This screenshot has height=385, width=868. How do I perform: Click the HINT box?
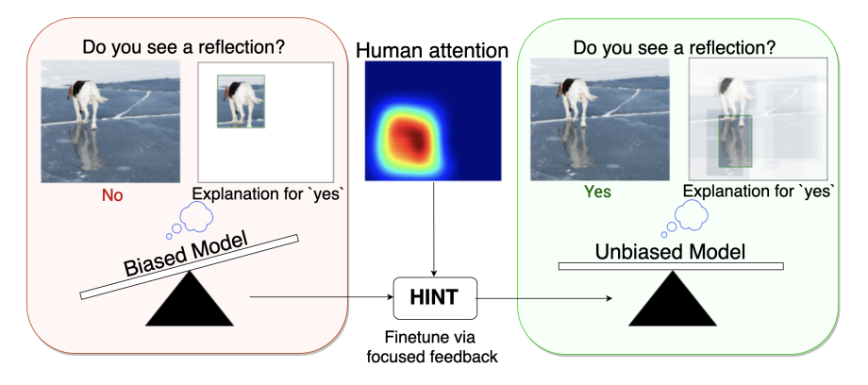pyautogui.click(x=435, y=298)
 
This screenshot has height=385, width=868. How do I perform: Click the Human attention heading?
pyautogui.click(x=434, y=50)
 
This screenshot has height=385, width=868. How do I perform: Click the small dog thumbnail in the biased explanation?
pyautogui.click(x=241, y=101)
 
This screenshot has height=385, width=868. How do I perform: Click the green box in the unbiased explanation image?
pyautogui.click(x=734, y=141)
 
